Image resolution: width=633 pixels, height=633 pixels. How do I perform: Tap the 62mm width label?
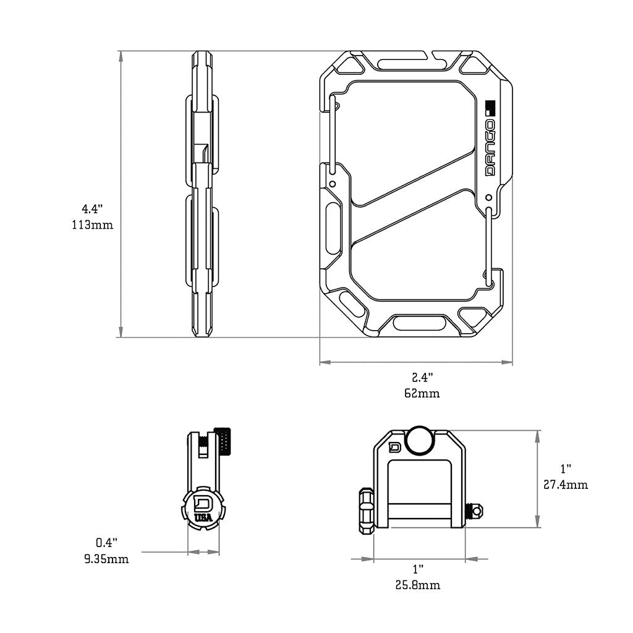point(422,393)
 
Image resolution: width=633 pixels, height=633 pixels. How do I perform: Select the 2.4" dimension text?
point(422,376)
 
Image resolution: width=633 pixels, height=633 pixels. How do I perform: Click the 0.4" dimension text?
point(106,543)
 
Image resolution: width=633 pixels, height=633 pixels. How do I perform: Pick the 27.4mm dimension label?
point(566,485)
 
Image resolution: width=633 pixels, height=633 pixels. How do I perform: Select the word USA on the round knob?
point(202,517)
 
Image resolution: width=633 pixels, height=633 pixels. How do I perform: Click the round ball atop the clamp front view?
point(420,440)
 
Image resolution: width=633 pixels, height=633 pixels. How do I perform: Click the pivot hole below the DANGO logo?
point(488,198)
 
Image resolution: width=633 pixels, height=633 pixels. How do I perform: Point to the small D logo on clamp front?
point(394,448)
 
